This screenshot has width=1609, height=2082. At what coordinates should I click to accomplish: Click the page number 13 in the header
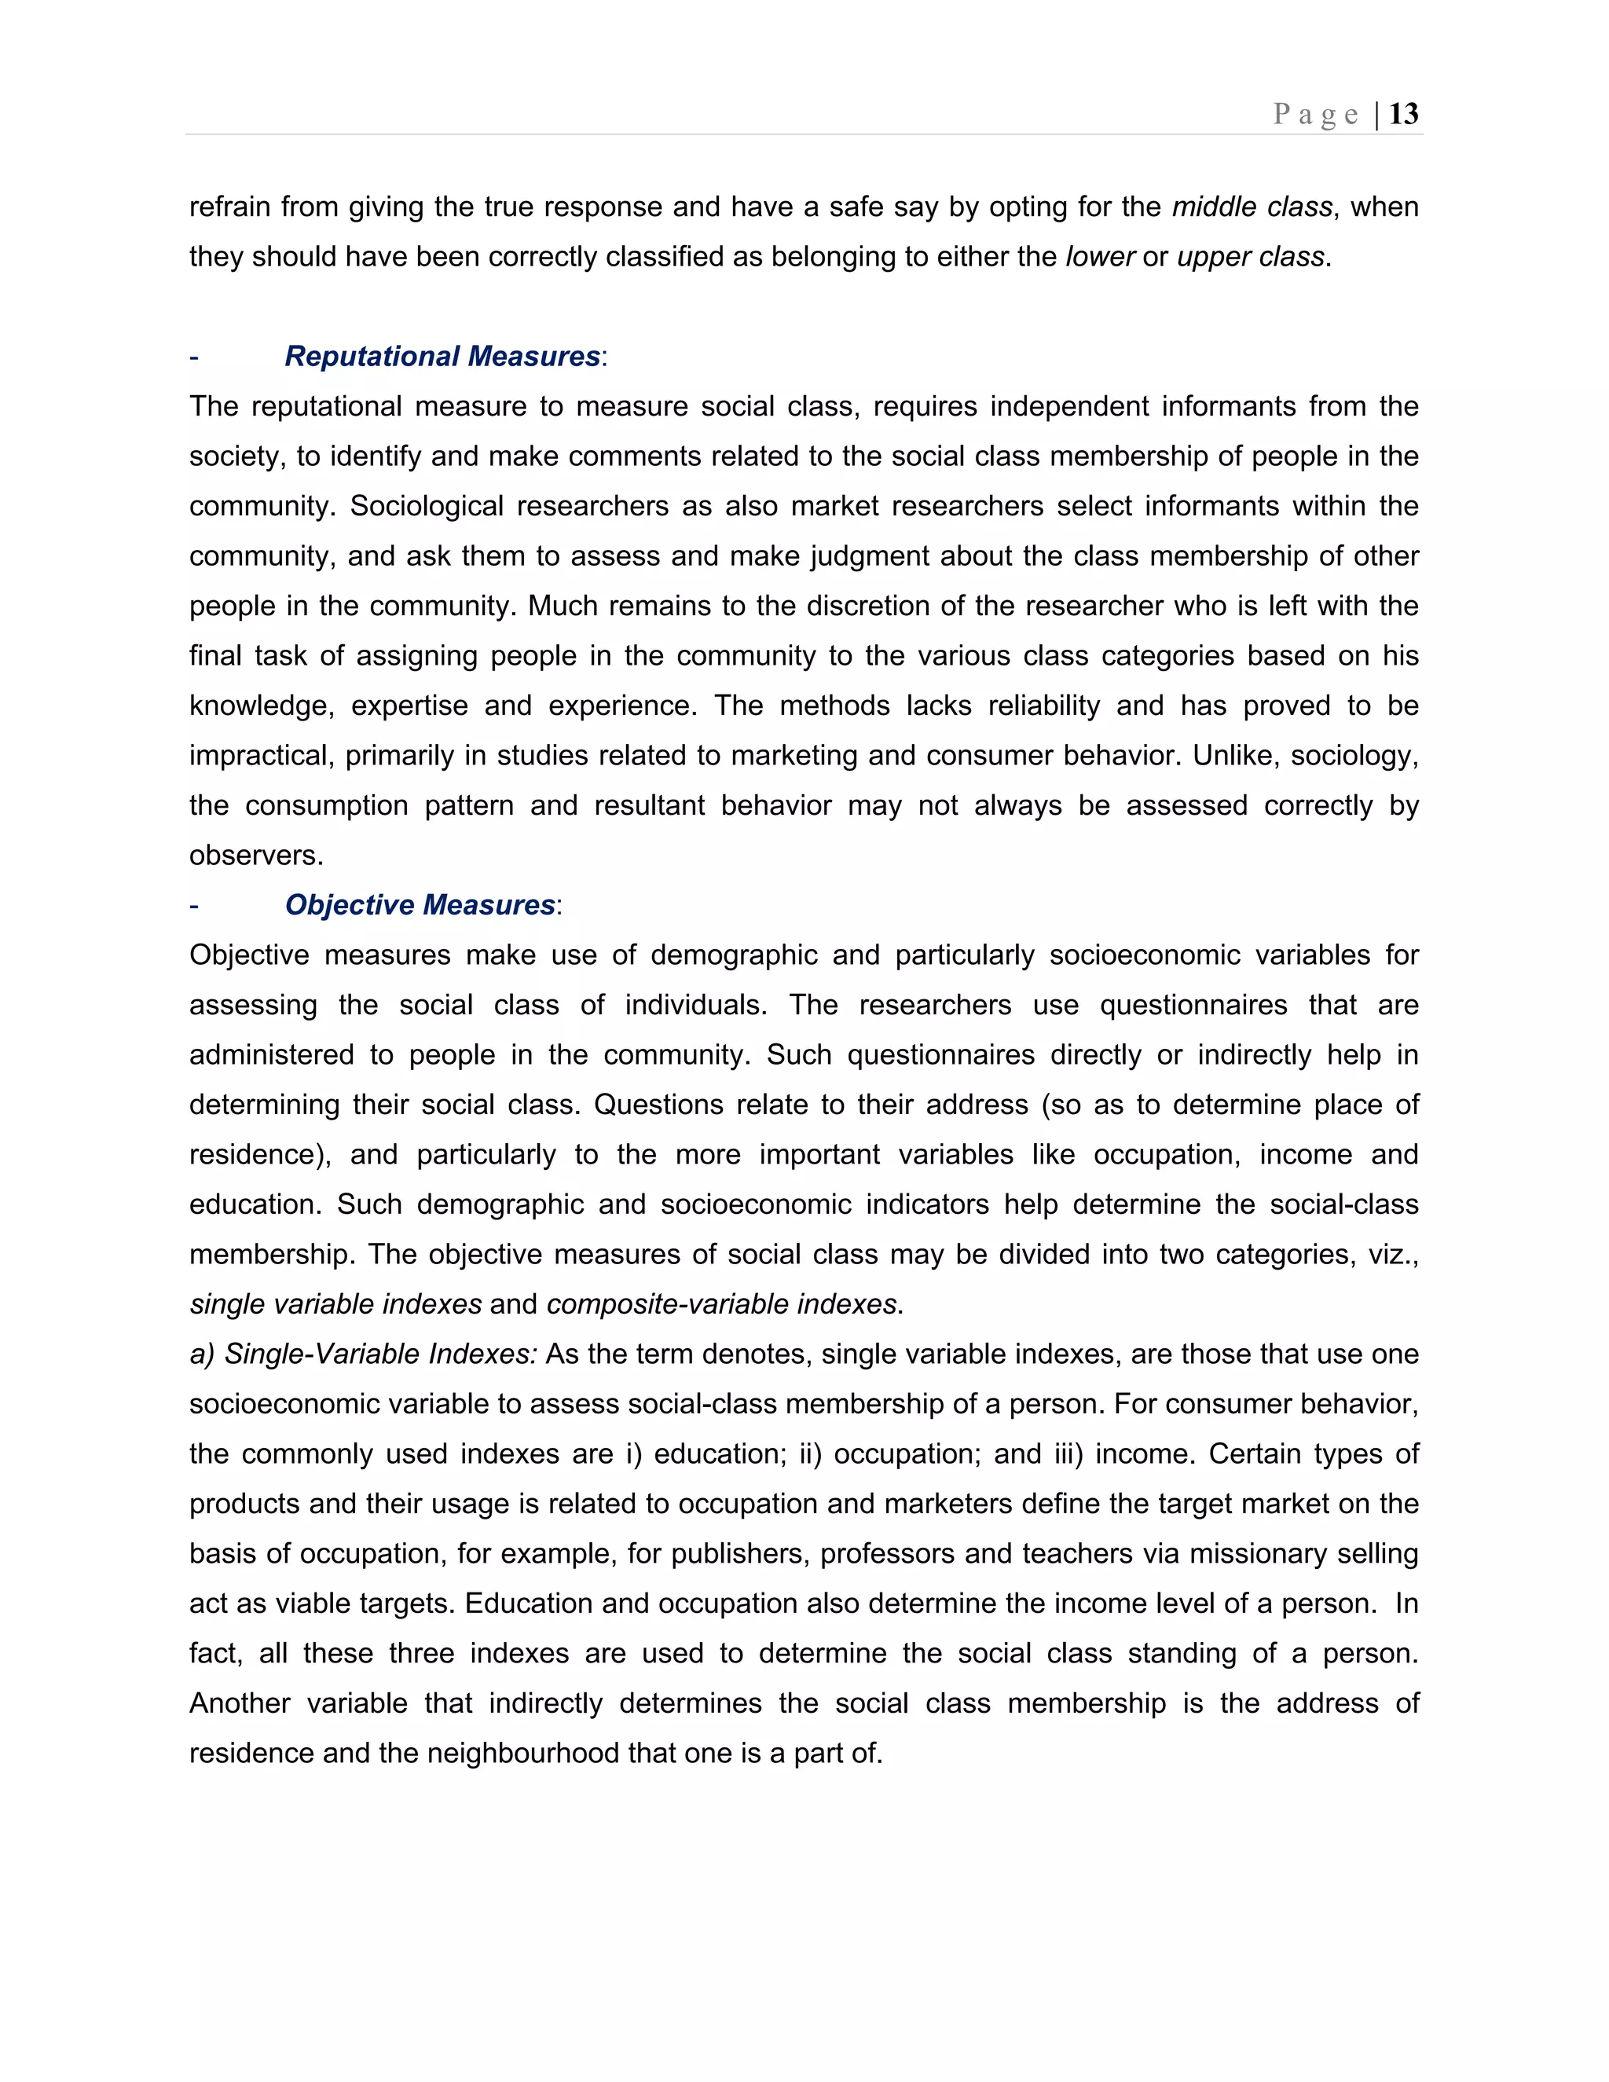pos(1403,115)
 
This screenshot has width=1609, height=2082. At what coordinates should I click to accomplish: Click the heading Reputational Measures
pos(442,357)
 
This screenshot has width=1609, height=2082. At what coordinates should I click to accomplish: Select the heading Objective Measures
pos(420,904)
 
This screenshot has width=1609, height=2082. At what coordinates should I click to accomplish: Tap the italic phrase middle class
pos(1251,207)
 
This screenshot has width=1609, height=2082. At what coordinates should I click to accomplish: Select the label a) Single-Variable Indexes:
pos(363,1354)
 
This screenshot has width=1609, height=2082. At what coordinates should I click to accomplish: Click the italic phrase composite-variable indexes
pos(720,1304)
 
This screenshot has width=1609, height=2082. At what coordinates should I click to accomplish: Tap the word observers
pos(255,855)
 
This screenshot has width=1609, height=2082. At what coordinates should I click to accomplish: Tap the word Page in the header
pos(1315,115)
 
